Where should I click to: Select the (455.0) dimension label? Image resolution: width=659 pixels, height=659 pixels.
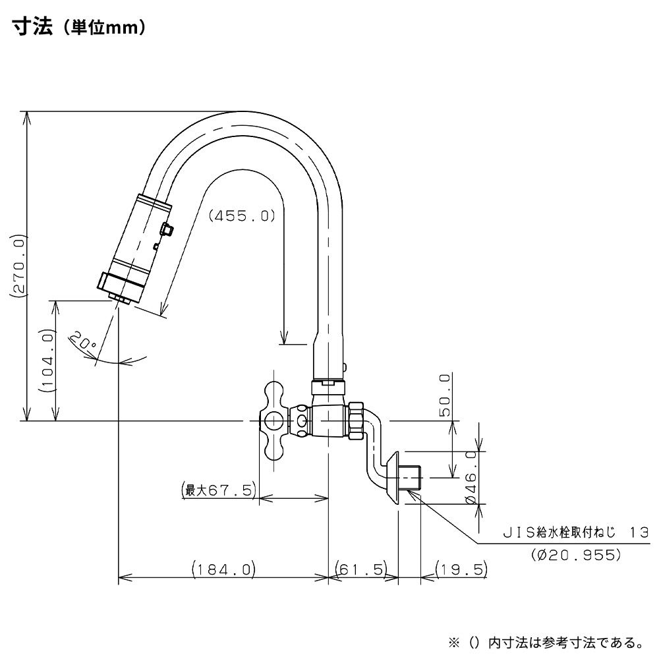click(x=242, y=215)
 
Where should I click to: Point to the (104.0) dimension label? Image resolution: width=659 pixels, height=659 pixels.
click(x=47, y=361)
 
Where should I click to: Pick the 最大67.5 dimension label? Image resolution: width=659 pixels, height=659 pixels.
click(x=218, y=490)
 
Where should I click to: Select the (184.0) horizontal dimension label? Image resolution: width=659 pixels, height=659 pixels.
click(x=223, y=569)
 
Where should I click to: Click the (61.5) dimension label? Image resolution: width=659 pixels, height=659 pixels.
click(x=362, y=569)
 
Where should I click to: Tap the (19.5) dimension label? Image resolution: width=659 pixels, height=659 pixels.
click(x=460, y=569)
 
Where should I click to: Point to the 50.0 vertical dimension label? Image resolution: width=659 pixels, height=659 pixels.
click(x=444, y=395)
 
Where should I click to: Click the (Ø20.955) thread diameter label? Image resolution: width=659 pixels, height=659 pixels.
click(x=576, y=554)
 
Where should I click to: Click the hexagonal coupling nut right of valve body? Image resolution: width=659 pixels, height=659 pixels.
click(x=356, y=419)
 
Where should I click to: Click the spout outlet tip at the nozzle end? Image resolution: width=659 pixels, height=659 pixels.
click(x=119, y=301)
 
